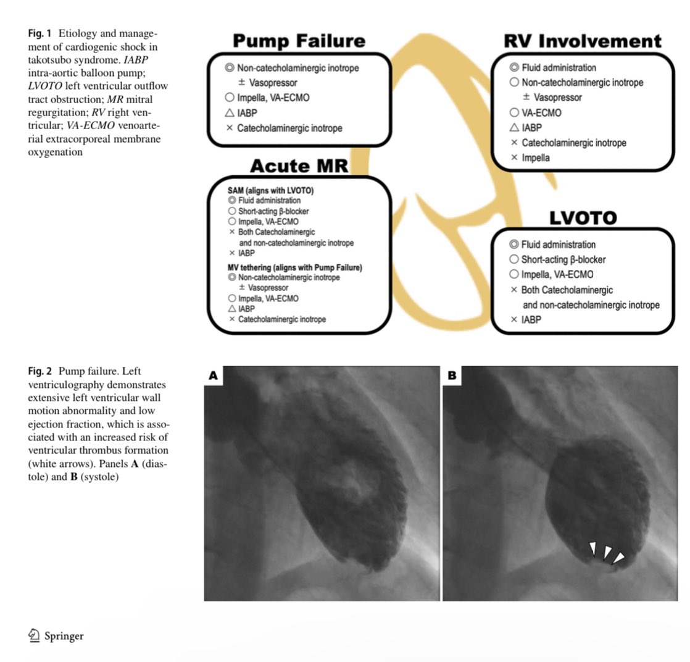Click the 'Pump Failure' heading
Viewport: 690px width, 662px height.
[299, 42]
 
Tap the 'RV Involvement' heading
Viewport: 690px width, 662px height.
[582, 42]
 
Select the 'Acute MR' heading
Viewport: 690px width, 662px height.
[299, 166]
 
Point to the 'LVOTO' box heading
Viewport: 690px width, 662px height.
[583, 218]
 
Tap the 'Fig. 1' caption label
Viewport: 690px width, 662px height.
[40, 32]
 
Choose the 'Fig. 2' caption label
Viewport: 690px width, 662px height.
[40, 371]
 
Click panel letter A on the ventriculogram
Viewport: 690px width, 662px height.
[214, 375]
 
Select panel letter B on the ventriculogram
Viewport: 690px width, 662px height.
[452, 375]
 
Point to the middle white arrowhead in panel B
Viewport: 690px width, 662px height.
[607, 551]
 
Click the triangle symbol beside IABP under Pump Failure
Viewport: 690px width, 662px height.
[230, 113]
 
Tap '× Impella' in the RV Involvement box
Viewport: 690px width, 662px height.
[530, 157]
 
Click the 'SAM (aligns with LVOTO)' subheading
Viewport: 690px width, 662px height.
[270, 191]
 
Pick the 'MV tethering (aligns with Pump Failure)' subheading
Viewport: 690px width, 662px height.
[294, 267]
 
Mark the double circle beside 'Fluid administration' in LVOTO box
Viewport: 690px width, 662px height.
[513, 245]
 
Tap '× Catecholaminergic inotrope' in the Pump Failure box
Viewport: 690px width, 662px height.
[284, 128]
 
